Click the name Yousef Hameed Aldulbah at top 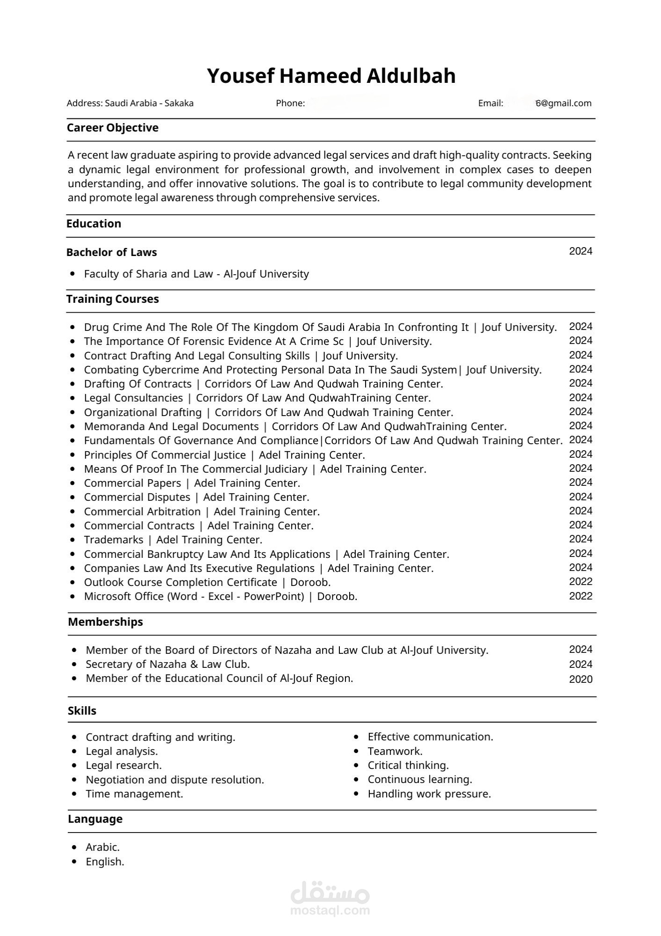(x=331, y=76)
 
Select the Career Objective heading (x=112, y=128)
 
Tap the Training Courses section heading (x=112, y=299)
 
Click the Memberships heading (x=105, y=622)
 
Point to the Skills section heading (x=82, y=711)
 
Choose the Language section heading (x=95, y=819)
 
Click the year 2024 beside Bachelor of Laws (x=580, y=251)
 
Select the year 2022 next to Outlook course (x=580, y=582)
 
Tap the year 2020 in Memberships (x=580, y=680)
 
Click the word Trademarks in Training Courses (x=114, y=540)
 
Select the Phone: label (x=290, y=103)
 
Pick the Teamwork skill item (x=395, y=751)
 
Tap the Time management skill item (x=134, y=794)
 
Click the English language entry (x=105, y=862)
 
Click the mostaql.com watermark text (x=330, y=911)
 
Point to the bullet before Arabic (x=74, y=847)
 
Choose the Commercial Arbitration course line (x=202, y=512)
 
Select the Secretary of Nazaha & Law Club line (x=168, y=664)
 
